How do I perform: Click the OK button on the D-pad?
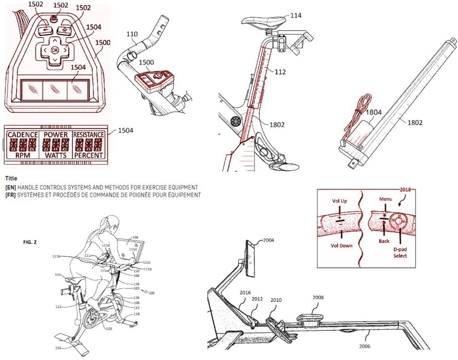point(55,50)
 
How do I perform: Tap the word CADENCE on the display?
point(22,135)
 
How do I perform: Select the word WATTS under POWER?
point(55,155)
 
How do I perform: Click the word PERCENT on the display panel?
point(89,155)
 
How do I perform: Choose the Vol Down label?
point(342,246)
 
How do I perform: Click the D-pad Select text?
point(400,252)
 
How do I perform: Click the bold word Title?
point(11,178)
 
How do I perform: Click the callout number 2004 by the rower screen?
point(269,240)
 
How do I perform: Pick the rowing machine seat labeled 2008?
point(309,318)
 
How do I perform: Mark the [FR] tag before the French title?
point(10,195)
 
